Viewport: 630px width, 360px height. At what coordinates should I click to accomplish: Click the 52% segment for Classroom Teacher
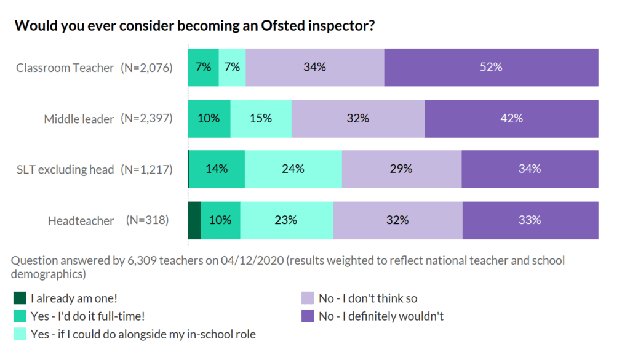[491, 67]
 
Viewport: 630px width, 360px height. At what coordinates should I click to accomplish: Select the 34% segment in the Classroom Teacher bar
[314, 67]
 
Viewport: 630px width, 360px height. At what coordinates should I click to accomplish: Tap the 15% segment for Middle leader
[261, 118]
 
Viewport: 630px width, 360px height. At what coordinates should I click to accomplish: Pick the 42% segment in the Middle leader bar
[511, 118]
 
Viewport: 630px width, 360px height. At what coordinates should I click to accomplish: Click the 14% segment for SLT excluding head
[217, 169]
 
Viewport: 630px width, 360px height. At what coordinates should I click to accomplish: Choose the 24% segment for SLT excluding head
[293, 169]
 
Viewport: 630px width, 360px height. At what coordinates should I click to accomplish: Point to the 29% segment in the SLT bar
[401, 169]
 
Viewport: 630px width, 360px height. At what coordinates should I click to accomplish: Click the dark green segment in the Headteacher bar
[194, 220]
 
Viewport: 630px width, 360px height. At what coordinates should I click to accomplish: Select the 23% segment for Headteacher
[286, 220]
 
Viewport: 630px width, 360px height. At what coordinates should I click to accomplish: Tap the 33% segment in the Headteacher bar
[530, 220]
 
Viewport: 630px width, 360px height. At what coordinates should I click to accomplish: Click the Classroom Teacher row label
[65, 68]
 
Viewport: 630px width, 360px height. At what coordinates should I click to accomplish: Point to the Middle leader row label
[79, 119]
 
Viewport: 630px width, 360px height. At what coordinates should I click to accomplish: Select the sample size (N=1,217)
[146, 169]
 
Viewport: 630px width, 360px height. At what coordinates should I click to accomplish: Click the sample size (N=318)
[147, 220]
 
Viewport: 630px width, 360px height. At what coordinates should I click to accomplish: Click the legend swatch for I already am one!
[20, 298]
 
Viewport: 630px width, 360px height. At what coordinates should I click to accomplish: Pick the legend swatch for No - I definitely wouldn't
[307, 316]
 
